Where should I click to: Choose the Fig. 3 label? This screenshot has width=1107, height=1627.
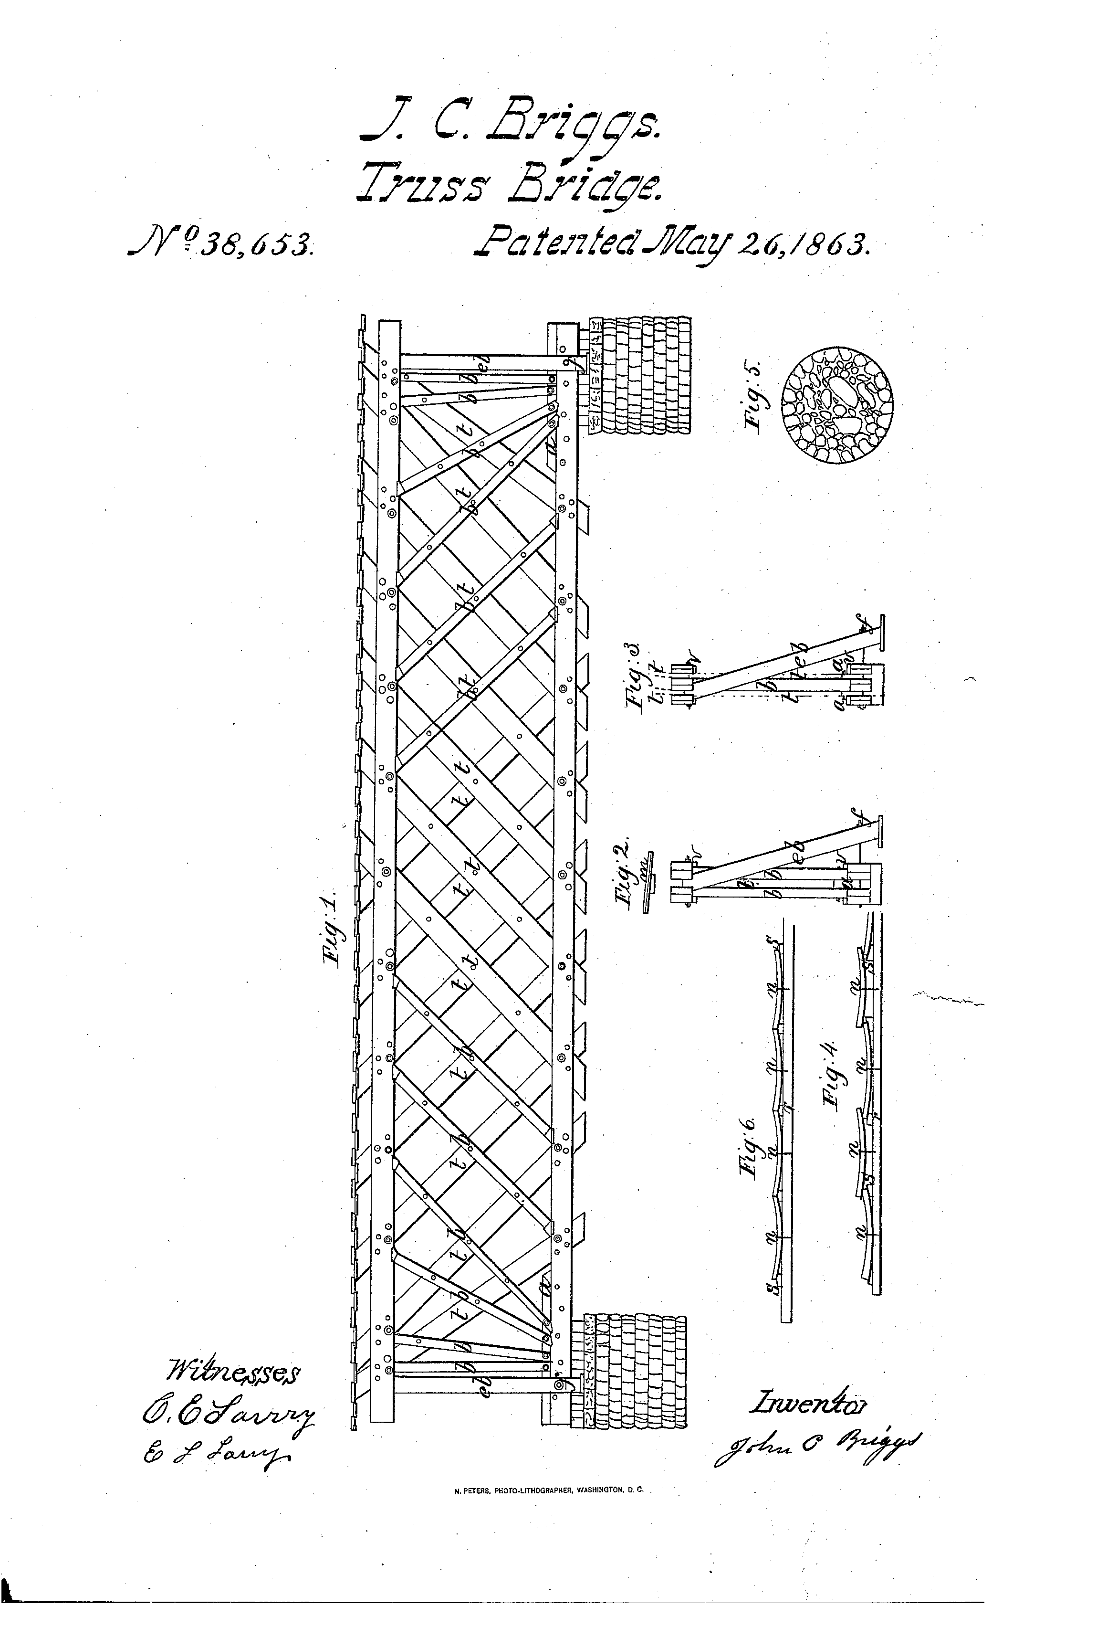click(x=636, y=674)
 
